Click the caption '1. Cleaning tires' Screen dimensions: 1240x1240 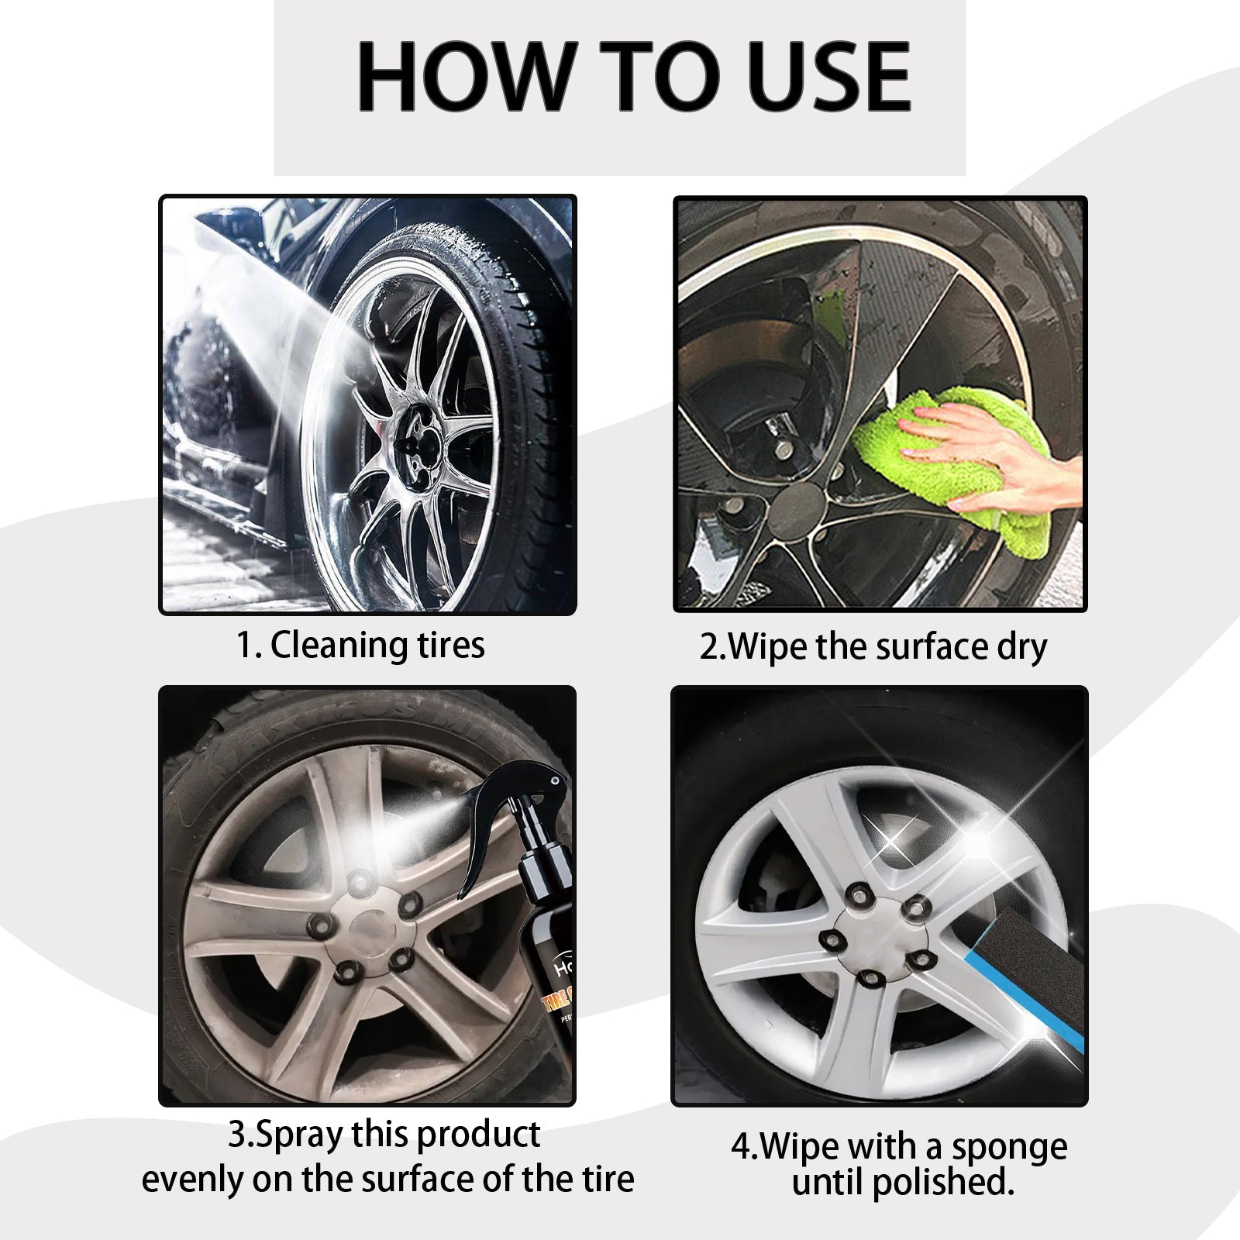click(360, 645)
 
